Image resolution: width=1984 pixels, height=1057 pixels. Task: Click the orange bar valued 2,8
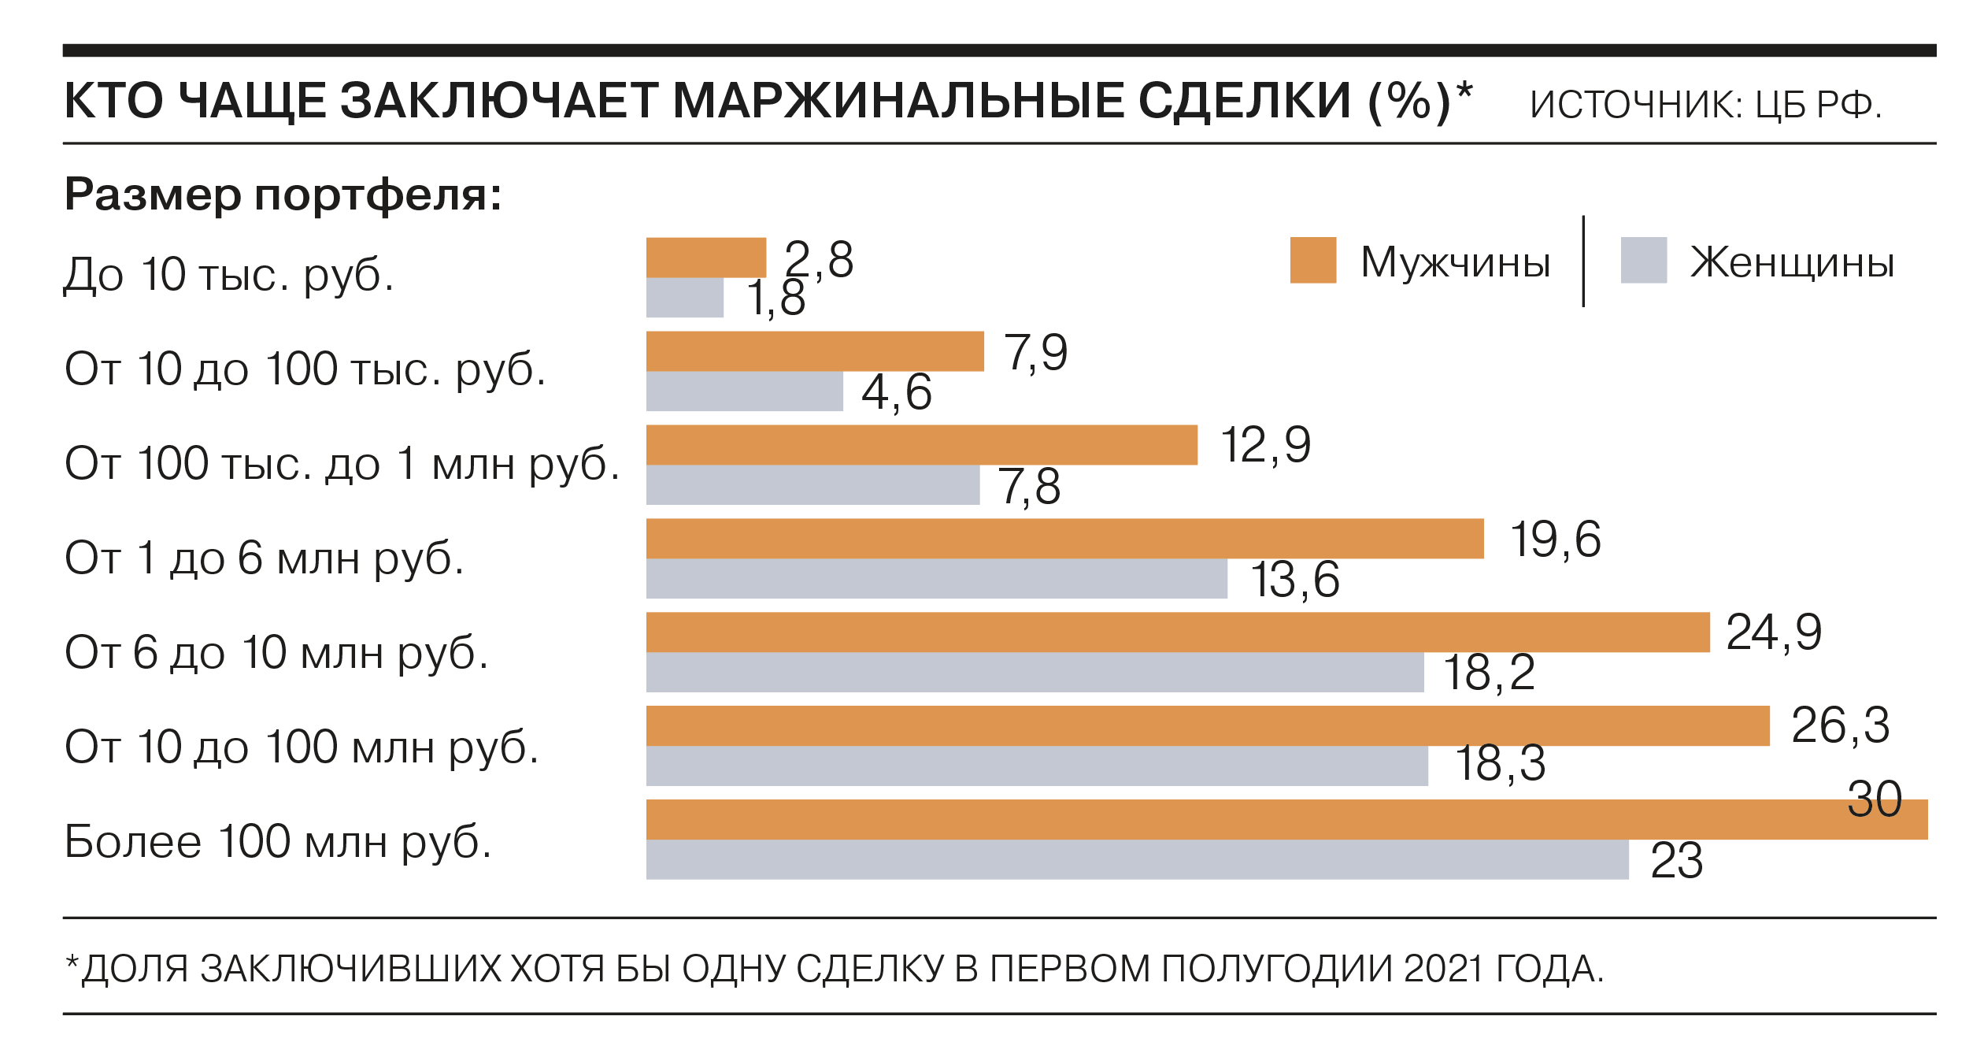[x=705, y=258]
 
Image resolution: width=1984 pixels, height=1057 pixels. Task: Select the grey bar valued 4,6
[x=744, y=391]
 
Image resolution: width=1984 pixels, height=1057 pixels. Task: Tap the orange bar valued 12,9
[x=921, y=445]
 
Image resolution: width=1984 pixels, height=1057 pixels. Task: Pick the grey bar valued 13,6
[x=936, y=579]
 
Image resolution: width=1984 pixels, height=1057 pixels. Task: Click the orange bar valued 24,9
[x=1177, y=632]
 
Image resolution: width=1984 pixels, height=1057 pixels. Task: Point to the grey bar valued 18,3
[x=1037, y=766]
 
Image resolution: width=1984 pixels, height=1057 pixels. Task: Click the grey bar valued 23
[x=1137, y=860]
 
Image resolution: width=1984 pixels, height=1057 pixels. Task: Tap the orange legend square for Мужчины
[x=1313, y=260]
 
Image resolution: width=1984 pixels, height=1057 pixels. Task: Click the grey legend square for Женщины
[x=1644, y=260]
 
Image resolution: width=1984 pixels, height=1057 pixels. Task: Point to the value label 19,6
[x=1555, y=540]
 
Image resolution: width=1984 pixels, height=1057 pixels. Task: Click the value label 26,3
[x=1840, y=725]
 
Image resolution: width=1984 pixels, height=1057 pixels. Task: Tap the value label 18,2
[x=1489, y=673]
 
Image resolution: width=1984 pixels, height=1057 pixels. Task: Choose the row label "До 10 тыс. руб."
[x=228, y=275]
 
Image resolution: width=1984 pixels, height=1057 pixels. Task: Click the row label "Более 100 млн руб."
[x=278, y=842]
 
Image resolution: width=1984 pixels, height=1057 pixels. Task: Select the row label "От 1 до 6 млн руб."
[x=265, y=558]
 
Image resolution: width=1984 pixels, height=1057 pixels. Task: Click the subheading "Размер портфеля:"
[x=283, y=194]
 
